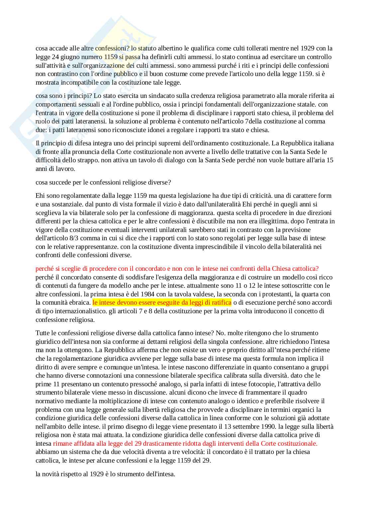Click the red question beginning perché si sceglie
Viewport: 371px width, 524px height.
[177, 268]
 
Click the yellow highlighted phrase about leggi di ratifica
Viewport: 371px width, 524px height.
[162, 303]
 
